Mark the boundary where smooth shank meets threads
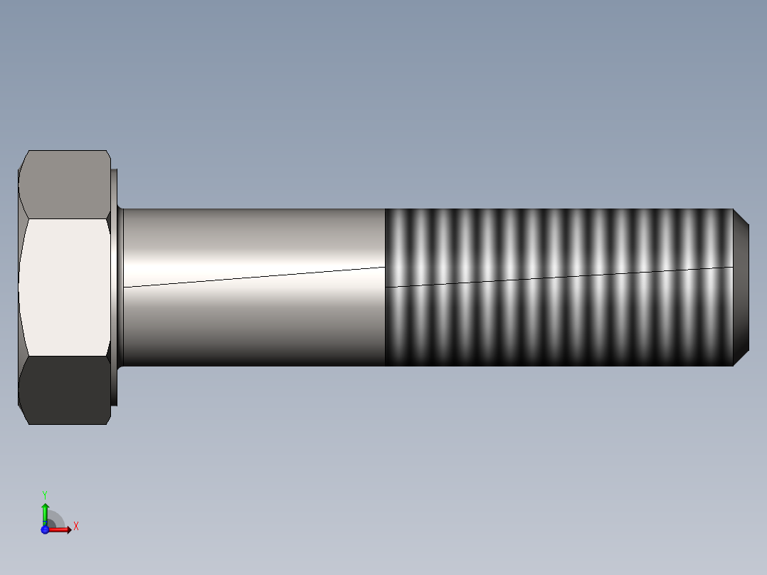click(385, 320)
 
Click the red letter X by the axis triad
click(76, 527)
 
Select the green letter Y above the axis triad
click(45, 494)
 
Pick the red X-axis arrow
click(60, 529)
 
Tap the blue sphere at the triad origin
click(45, 529)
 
